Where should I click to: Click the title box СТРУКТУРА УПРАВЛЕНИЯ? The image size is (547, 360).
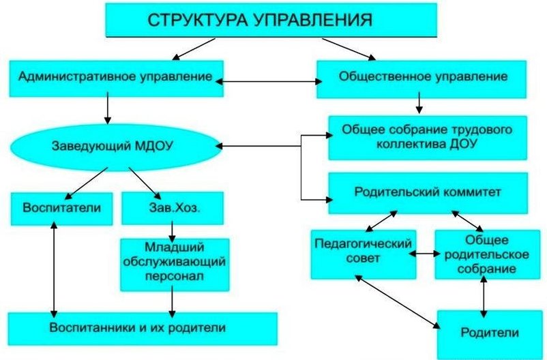271,20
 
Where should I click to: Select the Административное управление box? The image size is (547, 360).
116,78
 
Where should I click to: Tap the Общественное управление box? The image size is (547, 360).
422,79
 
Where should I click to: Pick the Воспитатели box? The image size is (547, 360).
62,209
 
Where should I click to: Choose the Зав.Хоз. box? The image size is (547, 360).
173,208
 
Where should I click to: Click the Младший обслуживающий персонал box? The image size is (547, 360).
175,265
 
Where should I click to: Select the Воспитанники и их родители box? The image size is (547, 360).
143,329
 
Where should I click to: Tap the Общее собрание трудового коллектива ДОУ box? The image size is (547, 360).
428,138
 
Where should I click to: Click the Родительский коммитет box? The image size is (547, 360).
428,193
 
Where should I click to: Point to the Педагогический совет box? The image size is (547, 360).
363,254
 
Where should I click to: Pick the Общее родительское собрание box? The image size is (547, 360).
488,254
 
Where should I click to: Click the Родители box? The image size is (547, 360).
490,334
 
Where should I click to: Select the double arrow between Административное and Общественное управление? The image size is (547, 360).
269,82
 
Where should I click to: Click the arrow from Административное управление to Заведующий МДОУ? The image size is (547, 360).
108,108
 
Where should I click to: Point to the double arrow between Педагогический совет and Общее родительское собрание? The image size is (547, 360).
425,254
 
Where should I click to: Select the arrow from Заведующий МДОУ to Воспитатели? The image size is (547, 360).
86,183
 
